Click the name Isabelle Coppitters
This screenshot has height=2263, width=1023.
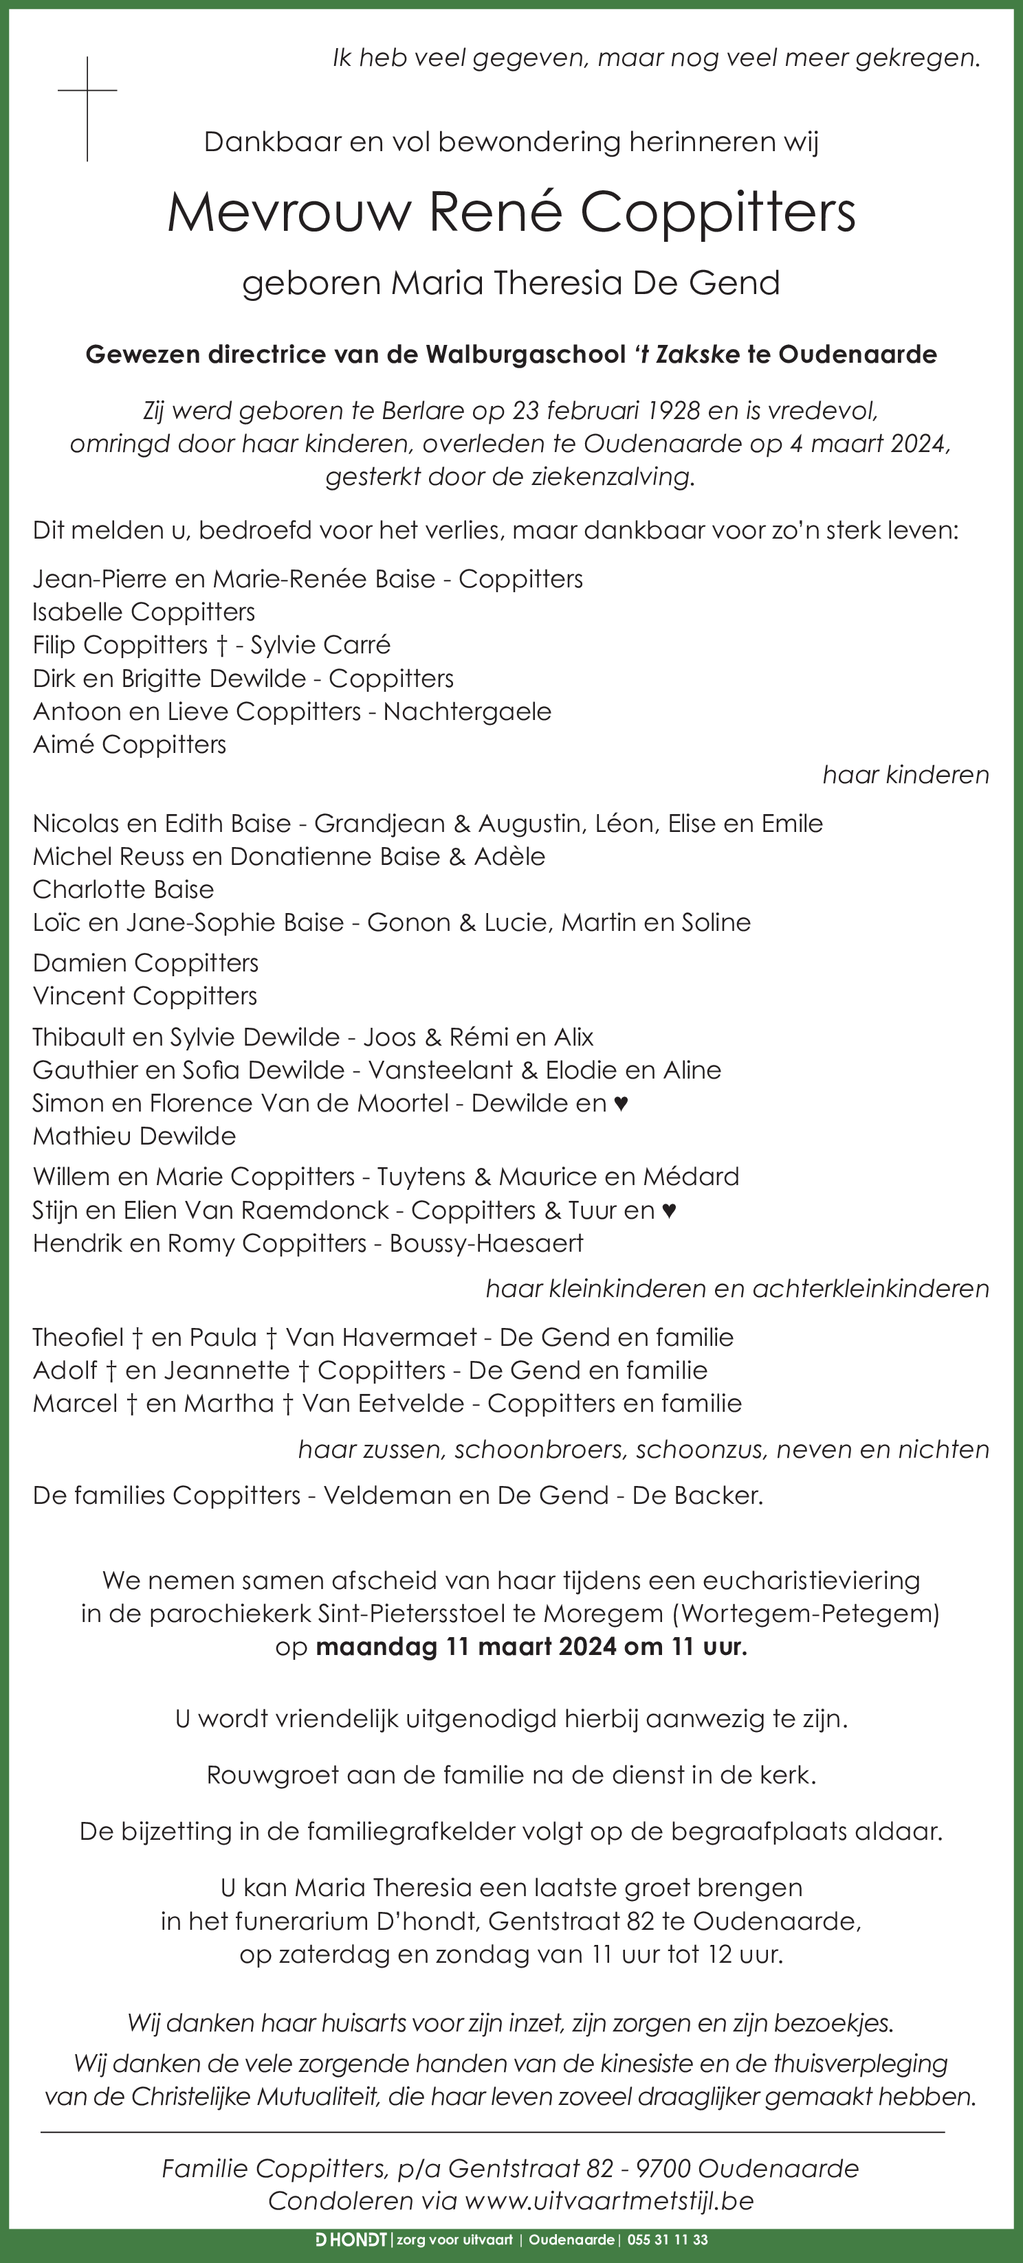click(143, 612)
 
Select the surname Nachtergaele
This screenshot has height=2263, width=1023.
click(467, 712)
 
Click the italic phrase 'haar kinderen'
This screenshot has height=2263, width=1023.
click(905, 775)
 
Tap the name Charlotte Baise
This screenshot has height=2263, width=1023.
click(123, 890)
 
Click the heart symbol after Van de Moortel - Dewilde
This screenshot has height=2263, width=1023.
click(621, 1103)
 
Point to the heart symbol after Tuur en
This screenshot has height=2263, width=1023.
click(669, 1211)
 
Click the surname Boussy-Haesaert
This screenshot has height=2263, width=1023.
click(486, 1244)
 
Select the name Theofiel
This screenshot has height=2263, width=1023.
click(78, 1338)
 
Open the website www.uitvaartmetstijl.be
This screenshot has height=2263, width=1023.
click(609, 2200)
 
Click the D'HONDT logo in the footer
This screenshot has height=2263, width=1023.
click(351, 2240)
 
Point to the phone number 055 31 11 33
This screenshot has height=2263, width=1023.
click(668, 2240)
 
